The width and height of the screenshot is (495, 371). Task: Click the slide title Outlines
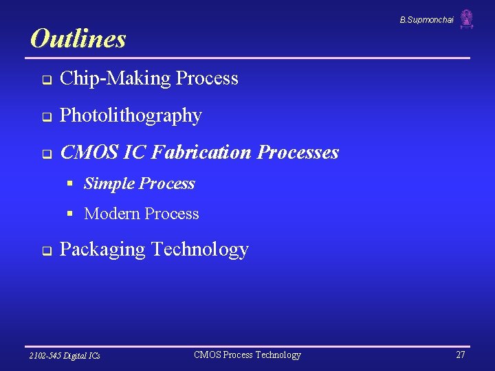[78, 38]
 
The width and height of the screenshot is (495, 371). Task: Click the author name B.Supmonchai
[426, 20]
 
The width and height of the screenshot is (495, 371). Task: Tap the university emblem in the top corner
[467, 19]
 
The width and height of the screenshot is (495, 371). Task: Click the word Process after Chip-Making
[207, 78]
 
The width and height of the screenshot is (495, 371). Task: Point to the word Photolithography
[131, 116]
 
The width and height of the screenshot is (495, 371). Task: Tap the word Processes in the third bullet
[298, 152]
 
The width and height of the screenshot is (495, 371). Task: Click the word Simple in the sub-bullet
[109, 183]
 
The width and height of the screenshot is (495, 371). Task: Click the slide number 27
[460, 355]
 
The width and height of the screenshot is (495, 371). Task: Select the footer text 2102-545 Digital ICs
[65, 355]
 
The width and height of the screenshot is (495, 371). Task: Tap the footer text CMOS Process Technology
[247, 355]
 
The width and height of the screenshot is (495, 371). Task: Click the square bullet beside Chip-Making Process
[45, 80]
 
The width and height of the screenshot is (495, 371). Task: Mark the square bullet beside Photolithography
[45, 117]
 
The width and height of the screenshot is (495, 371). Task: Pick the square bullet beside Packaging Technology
[45, 251]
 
